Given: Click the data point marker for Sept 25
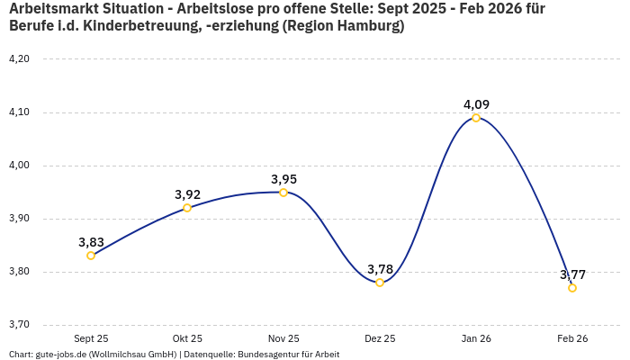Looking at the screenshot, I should pyautogui.click(x=91, y=256).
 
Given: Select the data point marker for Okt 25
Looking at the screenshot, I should pyautogui.click(x=187, y=208).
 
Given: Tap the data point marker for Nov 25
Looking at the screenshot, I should pyautogui.click(x=283, y=193).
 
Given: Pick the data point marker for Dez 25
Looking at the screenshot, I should pyautogui.click(x=380, y=283).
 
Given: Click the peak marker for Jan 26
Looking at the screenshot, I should pyautogui.click(x=476, y=118).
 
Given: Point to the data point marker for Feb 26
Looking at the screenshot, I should pyautogui.click(x=572, y=288).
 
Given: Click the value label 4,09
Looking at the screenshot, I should pyautogui.click(x=476, y=104).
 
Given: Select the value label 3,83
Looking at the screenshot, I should pyautogui.click(x=91, y=242).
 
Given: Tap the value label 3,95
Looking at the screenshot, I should pyautogui.click(x=283, y=179).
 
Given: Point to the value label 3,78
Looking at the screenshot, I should pyautogui.click(x=380, y=269).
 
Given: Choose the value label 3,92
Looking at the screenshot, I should pyautogui.click(x=187, y=194).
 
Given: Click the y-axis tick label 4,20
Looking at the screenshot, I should pyautogui.click(x=19, y=59).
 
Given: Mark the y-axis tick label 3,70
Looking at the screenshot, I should pyautogui.click(x=19, y=325).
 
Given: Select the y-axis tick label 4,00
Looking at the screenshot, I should pyautogui.click(x=19, y=166).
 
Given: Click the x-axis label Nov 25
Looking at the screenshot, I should pyautogui.click(x=283, y=338).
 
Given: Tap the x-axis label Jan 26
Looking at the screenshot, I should pyautogui.click(x=476, y=338).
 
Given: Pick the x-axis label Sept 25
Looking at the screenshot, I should pyautogui.click(x=91, y=338).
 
